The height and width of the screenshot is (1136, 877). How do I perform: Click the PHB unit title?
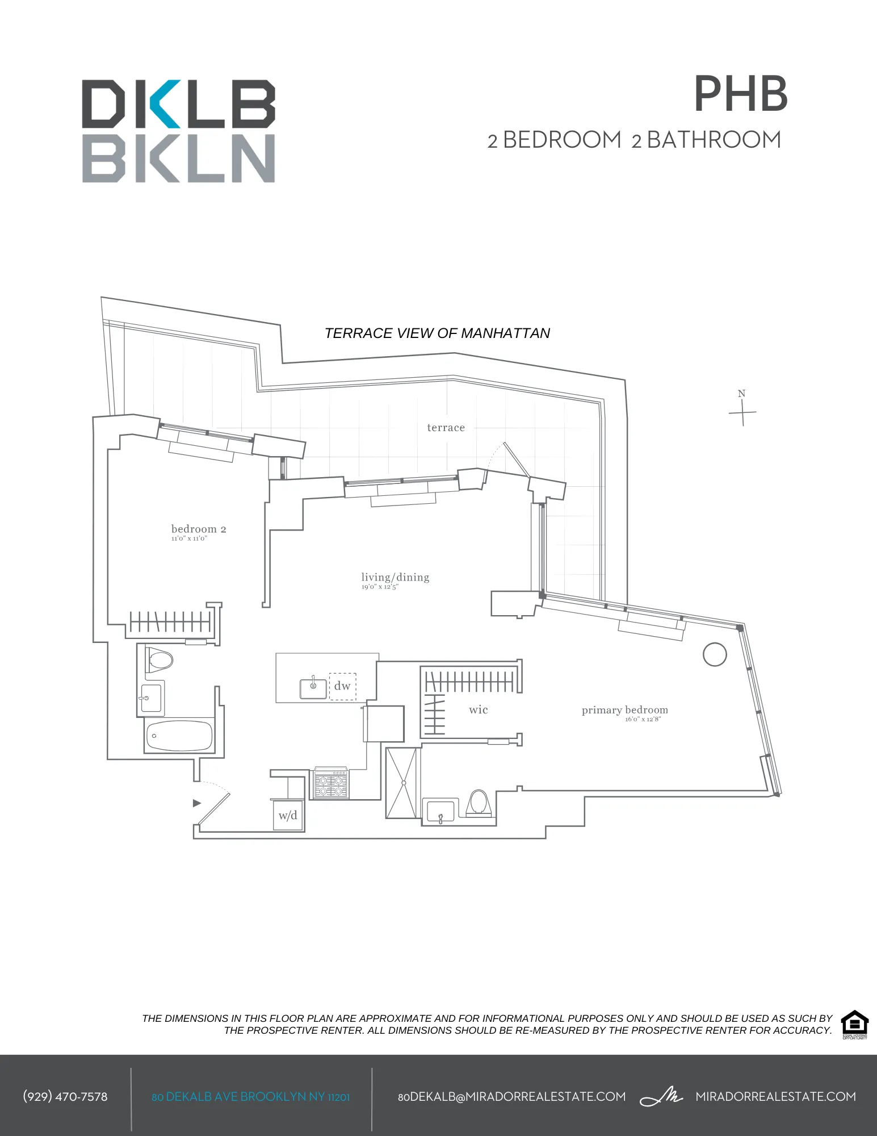pyautogui.click(x=741, y=94)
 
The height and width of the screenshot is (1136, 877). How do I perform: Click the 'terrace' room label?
pyautogui.click(x=446, y=428)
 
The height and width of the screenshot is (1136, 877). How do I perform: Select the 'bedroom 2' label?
pyautogui.click(x=199, y=529)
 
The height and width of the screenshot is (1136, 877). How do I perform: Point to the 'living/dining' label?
pyautogui.click(x=395, y=578)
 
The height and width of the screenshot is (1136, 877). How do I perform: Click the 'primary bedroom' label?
pyautogui.click(x=624, y=710)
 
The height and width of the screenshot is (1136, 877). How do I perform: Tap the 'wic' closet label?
pyautogui.click(x=478, y=709)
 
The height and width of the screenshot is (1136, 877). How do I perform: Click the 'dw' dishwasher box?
pyautogui.click(x=342, y=686)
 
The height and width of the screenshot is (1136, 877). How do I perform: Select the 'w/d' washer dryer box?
pyautogui.click(x=288, y=816)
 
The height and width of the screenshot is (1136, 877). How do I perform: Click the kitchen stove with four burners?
pyautogui.click(x=331, y=784)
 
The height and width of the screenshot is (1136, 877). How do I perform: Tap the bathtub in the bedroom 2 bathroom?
pyautogui.click(x=179, y=736)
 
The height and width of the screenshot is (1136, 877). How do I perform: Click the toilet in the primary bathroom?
pyautogui.click(x=479, y=803)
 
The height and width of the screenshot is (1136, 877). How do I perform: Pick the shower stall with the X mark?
pyautogui.click(x=403, y=783)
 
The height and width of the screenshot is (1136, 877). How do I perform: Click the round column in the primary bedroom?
pyautogui.click(x=715, y=654)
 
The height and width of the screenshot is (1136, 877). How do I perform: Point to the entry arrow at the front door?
pyautogui.click(x=197, y=803)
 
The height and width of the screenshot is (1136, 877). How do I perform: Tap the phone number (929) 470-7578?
pyautogui.click(x=65, y=1096)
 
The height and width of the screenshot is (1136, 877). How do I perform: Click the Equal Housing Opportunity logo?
pyautogui.click(x=854, y=1025)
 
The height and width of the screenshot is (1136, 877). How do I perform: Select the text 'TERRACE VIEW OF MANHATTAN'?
pyautogui.click(x=437, y=333)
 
